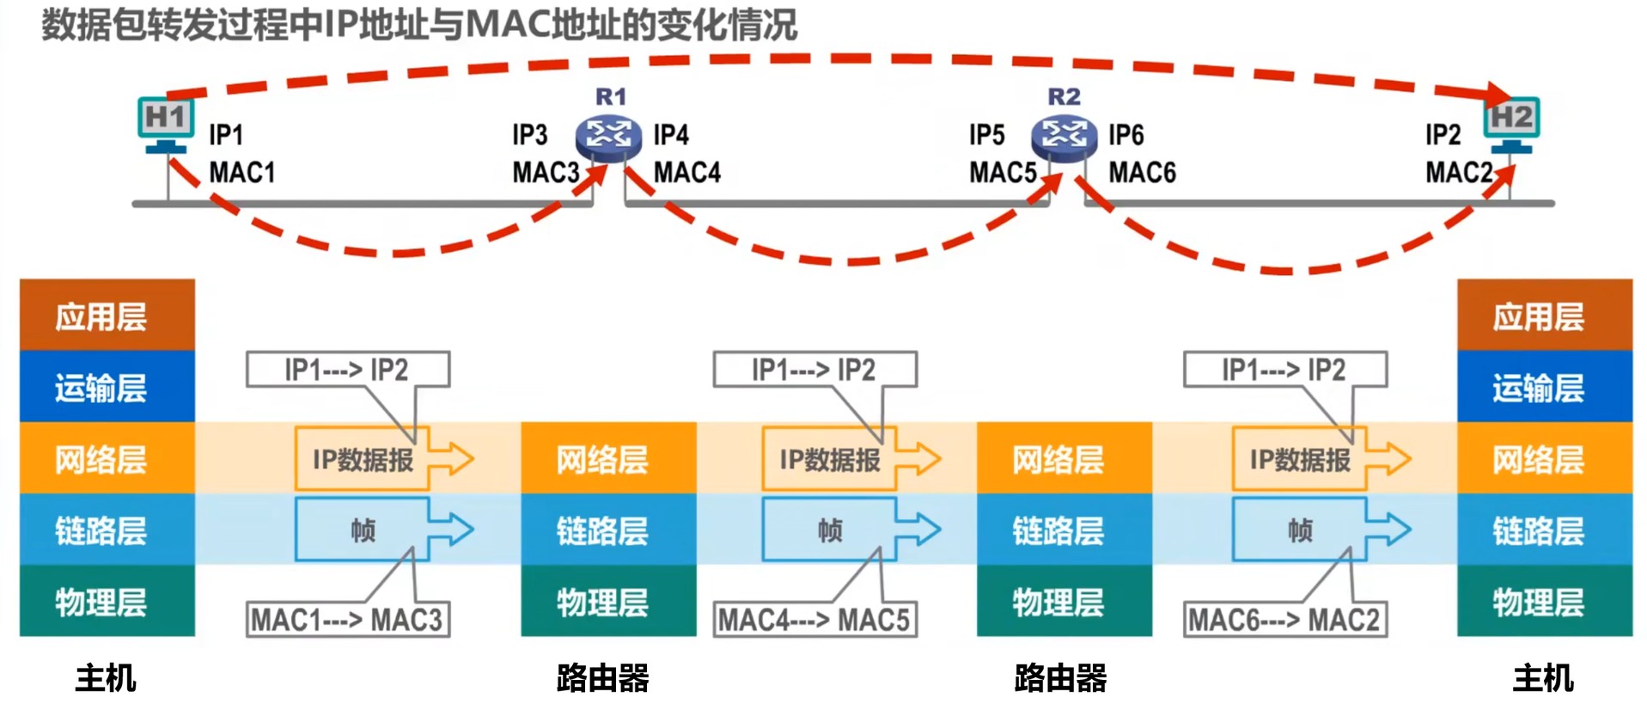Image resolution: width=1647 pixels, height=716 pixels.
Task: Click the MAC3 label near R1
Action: coord(546,173)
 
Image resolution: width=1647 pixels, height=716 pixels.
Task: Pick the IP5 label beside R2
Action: coord(986,135)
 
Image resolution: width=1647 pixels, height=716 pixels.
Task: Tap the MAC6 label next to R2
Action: coord(1142,173)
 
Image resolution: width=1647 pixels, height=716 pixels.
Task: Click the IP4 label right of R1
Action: coord(671,135)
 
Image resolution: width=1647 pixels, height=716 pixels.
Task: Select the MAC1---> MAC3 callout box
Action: coord(347,620)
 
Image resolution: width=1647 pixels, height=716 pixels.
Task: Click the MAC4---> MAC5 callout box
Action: coord(814,620)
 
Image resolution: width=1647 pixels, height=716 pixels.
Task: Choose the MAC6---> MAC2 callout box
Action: coord(1284,620)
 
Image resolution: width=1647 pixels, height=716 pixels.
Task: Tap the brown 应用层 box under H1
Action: coord(107,315)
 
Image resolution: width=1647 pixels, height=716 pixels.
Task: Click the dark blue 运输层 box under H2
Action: coord(1544,388)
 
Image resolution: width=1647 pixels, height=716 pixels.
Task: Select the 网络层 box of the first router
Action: coord(608,459)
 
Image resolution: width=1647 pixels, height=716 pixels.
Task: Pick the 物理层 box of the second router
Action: coord(1064,602)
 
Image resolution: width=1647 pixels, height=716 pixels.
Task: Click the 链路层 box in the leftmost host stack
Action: coord(107,530)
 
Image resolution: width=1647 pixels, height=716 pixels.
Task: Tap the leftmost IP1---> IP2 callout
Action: coord(347,370)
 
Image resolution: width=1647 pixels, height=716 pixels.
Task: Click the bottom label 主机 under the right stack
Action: coord(1543,678)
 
